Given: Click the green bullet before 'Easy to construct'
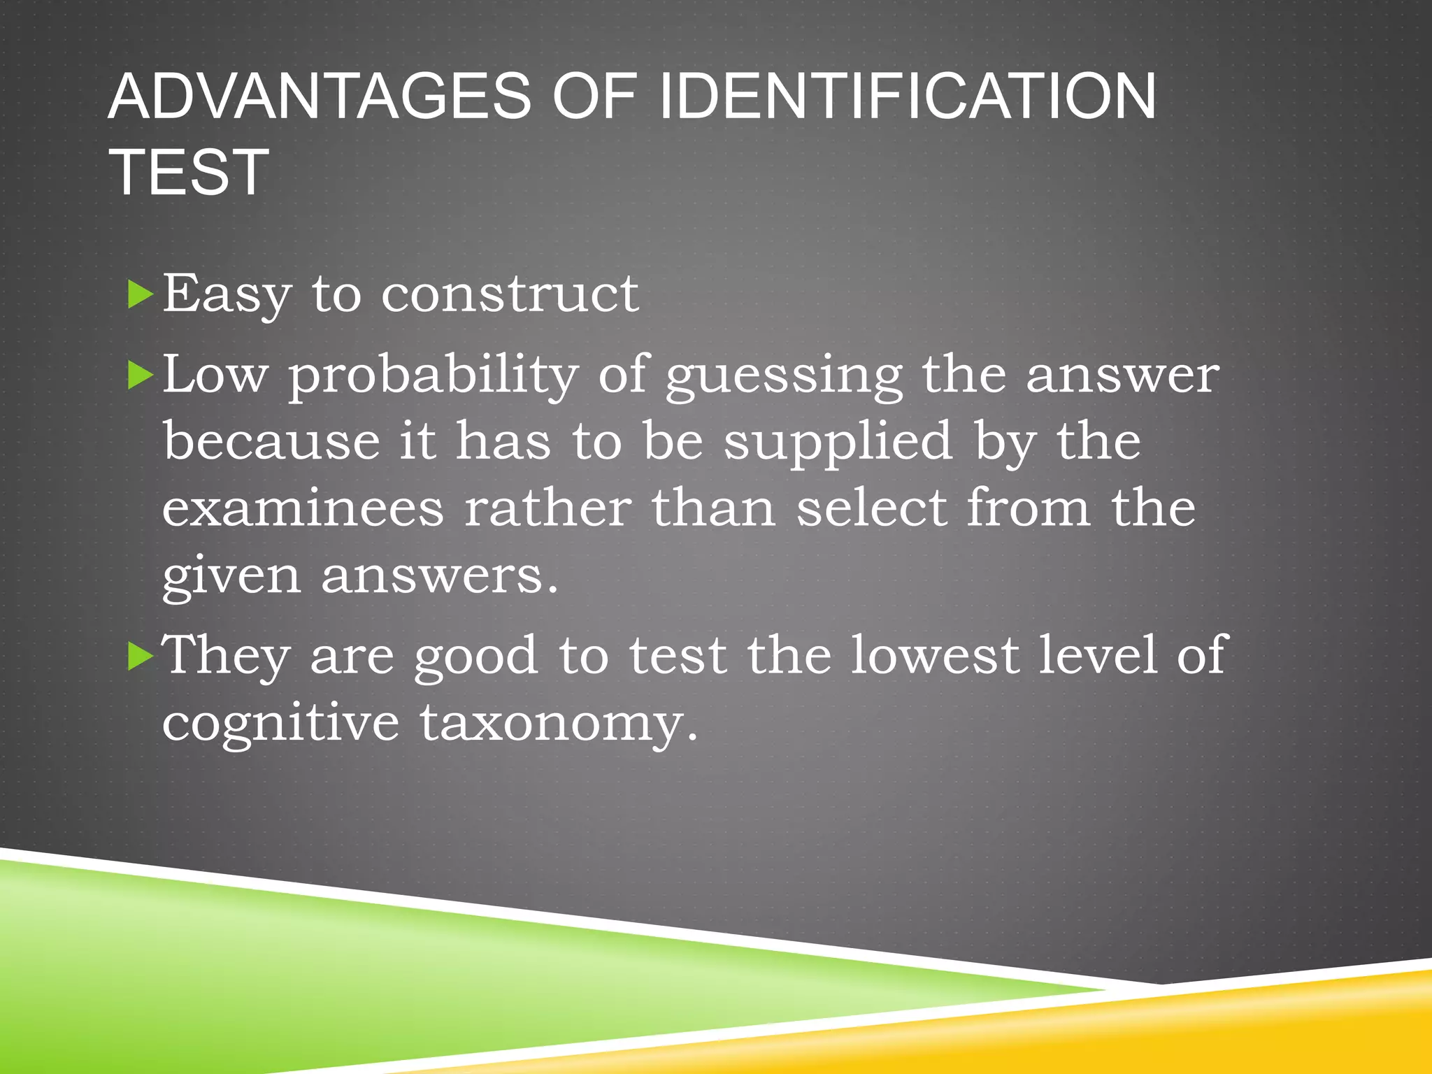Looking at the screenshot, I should [141, 295].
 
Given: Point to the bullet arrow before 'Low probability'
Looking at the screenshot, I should [141, 376].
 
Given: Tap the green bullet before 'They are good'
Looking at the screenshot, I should [141, 657].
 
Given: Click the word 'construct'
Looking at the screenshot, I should [510, 294].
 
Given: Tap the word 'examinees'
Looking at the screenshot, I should [303, 508].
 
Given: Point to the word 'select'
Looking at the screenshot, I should [871, 508].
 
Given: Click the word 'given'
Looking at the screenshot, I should [231, 578].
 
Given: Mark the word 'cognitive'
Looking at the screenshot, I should [280, 724].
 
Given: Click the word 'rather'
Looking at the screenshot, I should [547, 508].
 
